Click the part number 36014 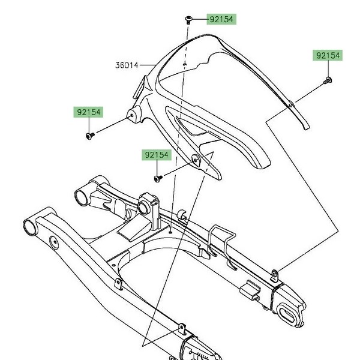127,64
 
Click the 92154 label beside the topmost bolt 221,19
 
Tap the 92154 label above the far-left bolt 88,112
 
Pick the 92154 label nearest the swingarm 157,155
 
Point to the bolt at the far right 328,79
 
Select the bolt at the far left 89,137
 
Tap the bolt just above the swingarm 157,178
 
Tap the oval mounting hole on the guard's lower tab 195,159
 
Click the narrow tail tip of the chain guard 304,123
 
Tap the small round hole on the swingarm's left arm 55,244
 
